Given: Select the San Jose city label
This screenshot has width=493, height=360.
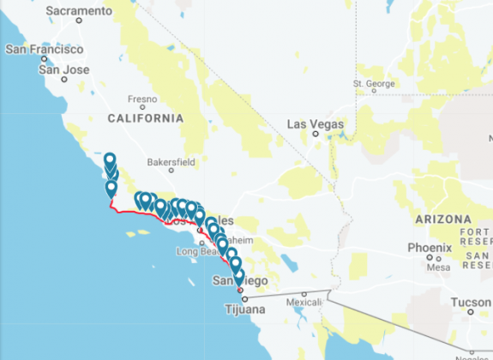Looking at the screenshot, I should [63, 69].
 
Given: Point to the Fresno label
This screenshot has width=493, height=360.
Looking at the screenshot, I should [142, 99].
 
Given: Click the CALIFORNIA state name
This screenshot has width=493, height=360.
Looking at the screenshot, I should [145, 117].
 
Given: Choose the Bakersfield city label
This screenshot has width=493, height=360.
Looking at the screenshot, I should [171, 161].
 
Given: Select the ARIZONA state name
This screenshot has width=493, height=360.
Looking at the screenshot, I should [443, 219].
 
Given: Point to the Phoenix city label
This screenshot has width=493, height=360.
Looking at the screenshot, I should [429, 248].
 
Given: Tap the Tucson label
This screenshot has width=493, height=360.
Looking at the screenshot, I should [473, 302].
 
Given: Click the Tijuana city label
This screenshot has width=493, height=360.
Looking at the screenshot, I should [242, 309].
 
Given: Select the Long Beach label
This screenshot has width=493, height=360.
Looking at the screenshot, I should [198, 252].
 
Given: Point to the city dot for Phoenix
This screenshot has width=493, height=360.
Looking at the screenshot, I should [436, 257].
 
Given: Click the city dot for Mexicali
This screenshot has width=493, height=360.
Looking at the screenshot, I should [303, 294].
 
